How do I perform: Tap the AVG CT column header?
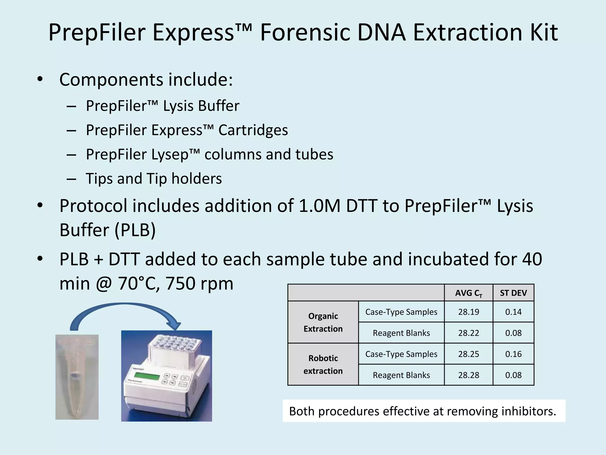point(468,293)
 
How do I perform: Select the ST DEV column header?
point(513,293)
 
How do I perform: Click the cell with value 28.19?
point(468,312)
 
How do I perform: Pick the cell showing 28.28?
point(468,375)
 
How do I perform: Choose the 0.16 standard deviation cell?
point(513,354)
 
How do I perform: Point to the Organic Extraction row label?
point(323,322)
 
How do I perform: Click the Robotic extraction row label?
point(323,364)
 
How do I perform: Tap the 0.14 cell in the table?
point(513,312)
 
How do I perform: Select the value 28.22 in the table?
point(468,333)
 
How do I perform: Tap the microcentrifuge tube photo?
point(77,377)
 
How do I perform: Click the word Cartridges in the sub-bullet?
point(253,130)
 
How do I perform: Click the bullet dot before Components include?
point(40,79)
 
